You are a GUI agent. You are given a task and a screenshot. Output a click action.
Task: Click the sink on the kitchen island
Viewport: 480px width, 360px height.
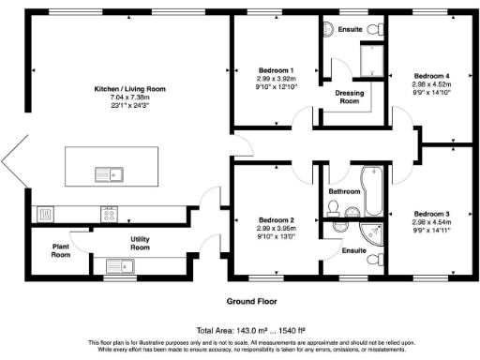click(111, 172)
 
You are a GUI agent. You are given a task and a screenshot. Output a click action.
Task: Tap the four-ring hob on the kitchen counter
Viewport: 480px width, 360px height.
click(109, 214)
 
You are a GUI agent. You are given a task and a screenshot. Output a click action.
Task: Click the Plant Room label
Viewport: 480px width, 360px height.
click(61, 250)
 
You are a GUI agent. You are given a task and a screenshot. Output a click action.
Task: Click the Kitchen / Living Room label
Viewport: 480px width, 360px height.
click(129, 88)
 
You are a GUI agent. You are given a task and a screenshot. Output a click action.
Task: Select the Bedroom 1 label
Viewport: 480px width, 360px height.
click(276, 70)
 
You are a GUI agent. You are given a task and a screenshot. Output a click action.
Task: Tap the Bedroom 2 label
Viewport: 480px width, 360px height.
click(276, 219)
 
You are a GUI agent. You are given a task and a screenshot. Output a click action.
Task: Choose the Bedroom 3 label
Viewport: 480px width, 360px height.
click(432, 213)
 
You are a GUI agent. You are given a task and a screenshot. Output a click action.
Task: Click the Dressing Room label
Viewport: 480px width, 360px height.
click(349, 97)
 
